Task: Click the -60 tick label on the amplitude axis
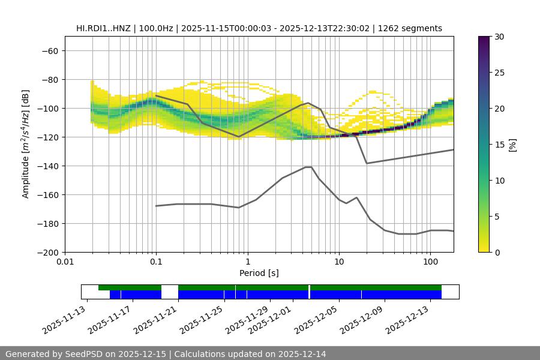[x=50, y=50]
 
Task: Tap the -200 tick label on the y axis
[x=47, y=252]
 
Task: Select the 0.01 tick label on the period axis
[x=65, y=262]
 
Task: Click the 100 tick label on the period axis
[x=430, y=262]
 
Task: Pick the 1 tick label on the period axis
[x=247, y=262]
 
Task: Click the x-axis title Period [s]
[x=259, y=273]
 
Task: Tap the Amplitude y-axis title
[x=26, y=144]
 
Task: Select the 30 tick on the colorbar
[x=499, y=37]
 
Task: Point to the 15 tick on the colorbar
[x=499, y=145]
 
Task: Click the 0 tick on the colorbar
[x=497, y=252]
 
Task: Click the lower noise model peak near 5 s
[x=308, y=167]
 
